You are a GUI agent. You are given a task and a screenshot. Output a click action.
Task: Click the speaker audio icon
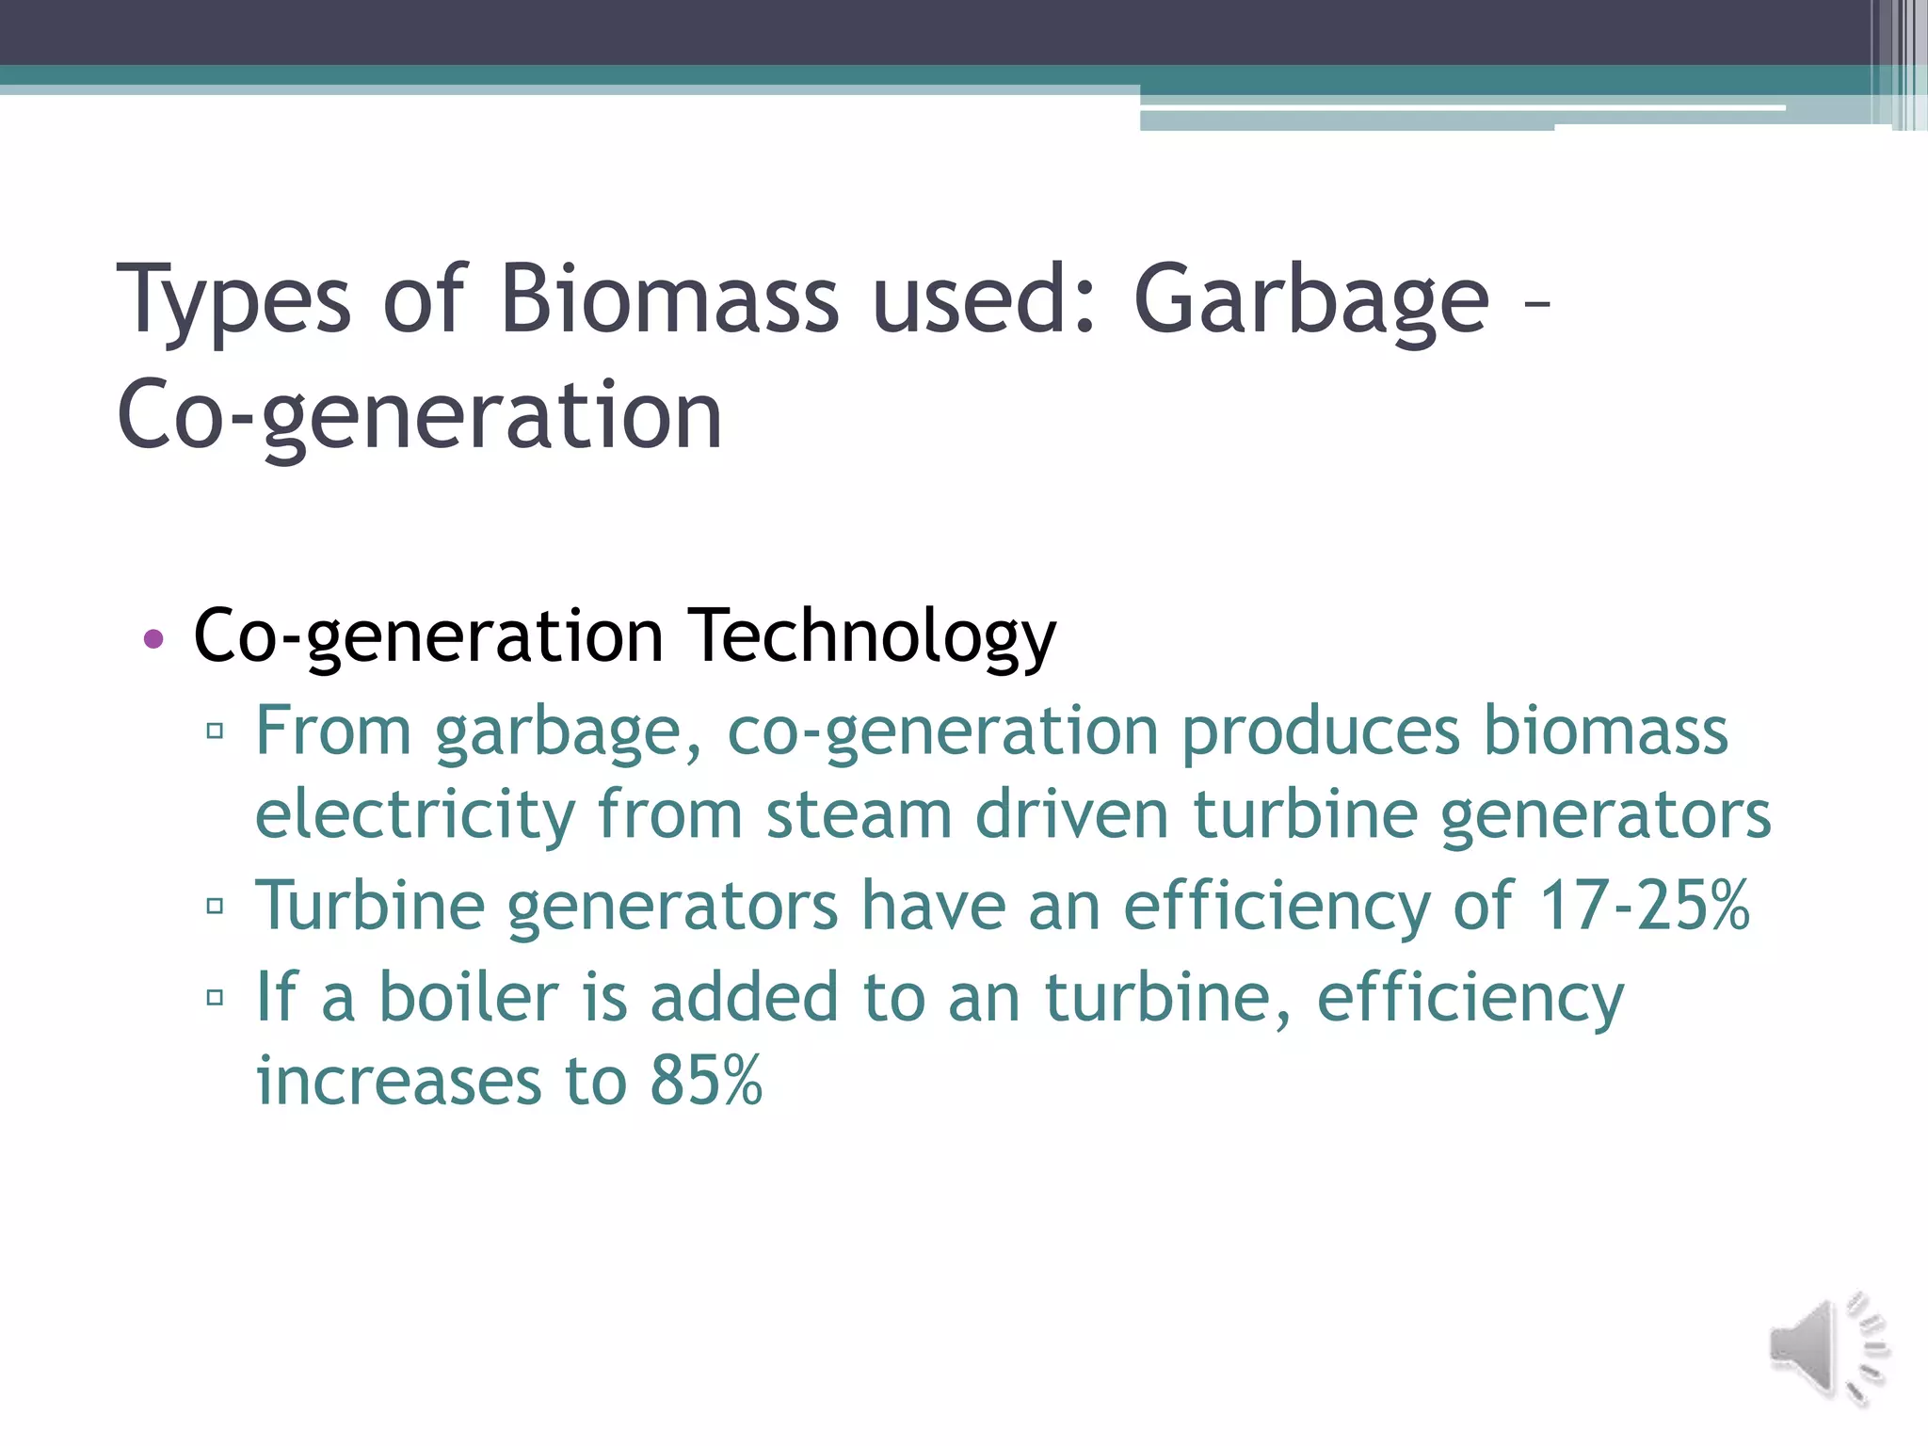pyautogui.click(x=1826, y=1349)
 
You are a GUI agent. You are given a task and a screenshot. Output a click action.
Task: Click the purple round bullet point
pyautogui.click(x=153, y=639)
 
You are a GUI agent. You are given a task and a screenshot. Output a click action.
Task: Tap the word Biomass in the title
pyautogui.click(x=668, y=299)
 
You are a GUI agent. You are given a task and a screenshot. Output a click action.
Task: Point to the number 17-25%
pyautogui.click(x=1644, y=906)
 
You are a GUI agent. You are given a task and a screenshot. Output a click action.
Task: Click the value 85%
pyautogui.click(x=705, y=1080)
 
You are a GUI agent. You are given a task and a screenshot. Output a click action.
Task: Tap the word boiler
pyautogui.click(x=469, y=997)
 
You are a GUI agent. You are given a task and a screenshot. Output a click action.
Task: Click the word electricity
pyautogui.click(x=415, y=816)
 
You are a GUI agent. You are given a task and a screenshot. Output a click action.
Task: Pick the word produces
pyautogui.click(x=1321, y=732)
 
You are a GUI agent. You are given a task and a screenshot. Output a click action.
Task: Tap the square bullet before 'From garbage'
pyautogui.click(x=216, y=731)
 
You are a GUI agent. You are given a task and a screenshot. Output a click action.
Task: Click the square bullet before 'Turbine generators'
pyautogui.click(x=216, y=906)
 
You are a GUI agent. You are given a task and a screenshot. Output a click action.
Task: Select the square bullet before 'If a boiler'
pyautogui.click(x=216, y=997)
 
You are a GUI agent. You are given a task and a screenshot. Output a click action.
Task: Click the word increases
pyautogui.click(x=398, y=1081)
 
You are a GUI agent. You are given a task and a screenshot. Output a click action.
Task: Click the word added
pyautogui.click(x=744, y=997)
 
